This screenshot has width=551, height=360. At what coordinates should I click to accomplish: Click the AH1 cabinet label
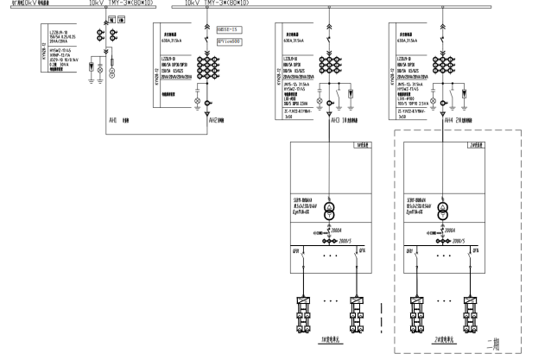[x=112, y=120]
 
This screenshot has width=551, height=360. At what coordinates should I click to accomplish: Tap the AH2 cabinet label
[x=213, y=120]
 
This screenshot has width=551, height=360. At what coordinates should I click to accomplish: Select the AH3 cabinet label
[x=336, y=120]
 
